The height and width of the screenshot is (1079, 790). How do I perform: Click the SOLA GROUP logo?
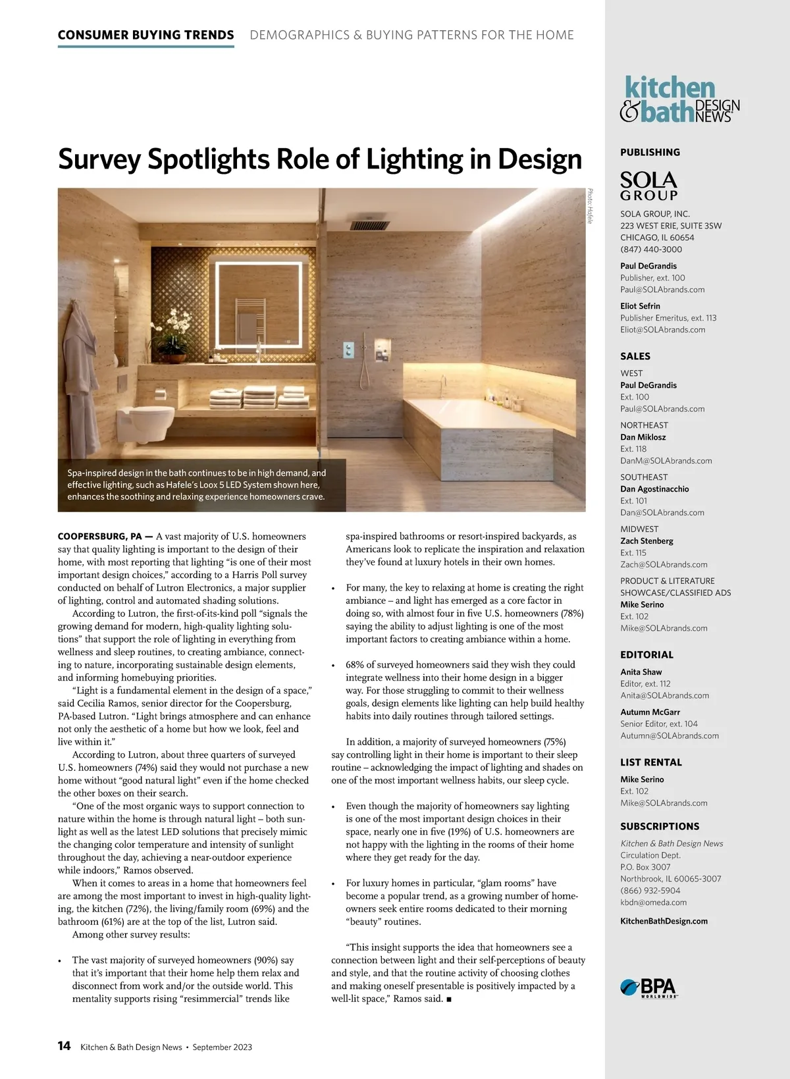tap(648, 186)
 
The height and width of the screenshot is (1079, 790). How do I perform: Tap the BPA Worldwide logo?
tap(648, 988)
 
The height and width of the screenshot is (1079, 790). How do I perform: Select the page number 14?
tap(64, 1046)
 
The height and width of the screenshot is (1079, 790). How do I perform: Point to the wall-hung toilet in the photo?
tap(145, 419)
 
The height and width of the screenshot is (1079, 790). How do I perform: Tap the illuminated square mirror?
tap(255, 304)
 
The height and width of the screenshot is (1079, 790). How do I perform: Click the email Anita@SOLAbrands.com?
tap(664, 695)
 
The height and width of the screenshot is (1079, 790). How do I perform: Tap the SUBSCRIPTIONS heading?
tap(660, 826)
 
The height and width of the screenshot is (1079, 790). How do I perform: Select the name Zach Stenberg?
tap(646, 540)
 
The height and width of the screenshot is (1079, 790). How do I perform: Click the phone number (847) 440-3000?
tap(650, 250)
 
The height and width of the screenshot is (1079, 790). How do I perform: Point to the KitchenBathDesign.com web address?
tap(664, 921)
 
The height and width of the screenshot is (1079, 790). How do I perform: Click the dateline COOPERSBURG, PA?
tap(105, 537)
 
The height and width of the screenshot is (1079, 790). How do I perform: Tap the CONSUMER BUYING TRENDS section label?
tap(145, 35)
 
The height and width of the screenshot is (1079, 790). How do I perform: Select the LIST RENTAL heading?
tap(650, 762)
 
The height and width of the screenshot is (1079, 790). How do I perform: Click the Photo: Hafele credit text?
tap(591, 206)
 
